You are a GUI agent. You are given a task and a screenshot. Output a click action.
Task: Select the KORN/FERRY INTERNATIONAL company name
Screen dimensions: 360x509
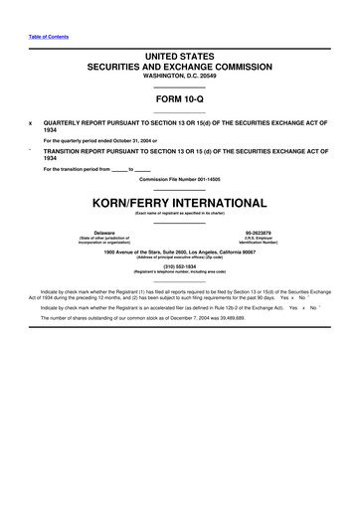(180, 202)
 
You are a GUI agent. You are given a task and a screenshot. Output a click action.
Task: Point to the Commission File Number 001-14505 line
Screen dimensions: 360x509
(180, 178)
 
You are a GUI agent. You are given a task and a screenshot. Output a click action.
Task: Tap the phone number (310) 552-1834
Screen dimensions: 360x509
(180, 267)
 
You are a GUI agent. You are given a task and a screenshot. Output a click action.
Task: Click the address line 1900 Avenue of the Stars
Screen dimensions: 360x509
(180, 251)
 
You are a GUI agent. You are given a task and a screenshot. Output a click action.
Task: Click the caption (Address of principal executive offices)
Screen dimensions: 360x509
(180, 256)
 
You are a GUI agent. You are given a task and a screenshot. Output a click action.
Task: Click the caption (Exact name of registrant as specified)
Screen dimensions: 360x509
(180, 213)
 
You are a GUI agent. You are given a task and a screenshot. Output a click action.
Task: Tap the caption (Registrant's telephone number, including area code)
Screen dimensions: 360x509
(180, 273)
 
